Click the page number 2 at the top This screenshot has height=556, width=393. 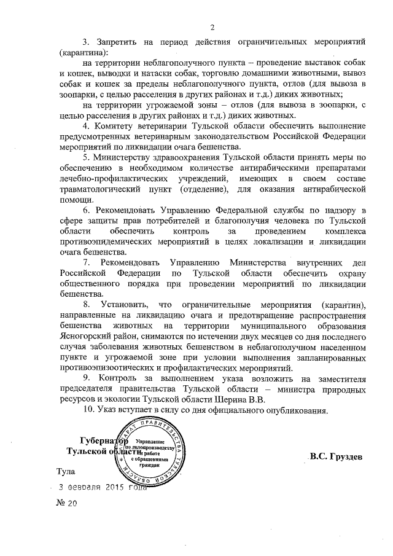click(211, 26)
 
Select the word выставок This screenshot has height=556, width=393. click(306, 62)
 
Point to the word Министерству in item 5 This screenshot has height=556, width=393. click(131, 156)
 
